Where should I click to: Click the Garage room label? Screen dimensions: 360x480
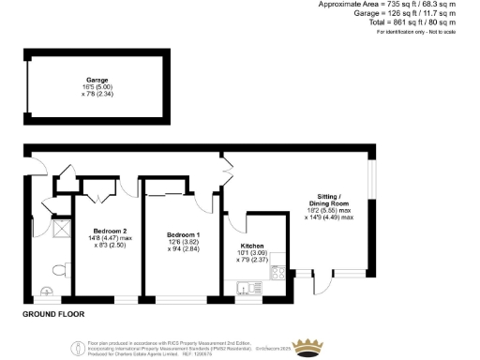91,82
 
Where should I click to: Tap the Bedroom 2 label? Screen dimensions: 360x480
110,229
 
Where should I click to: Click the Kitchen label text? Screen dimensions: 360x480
254,247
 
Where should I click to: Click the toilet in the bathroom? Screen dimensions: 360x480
58,271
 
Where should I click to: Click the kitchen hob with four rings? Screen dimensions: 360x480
277,274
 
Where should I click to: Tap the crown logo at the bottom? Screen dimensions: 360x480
306,348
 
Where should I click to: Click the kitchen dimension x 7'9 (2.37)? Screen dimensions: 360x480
254,260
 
